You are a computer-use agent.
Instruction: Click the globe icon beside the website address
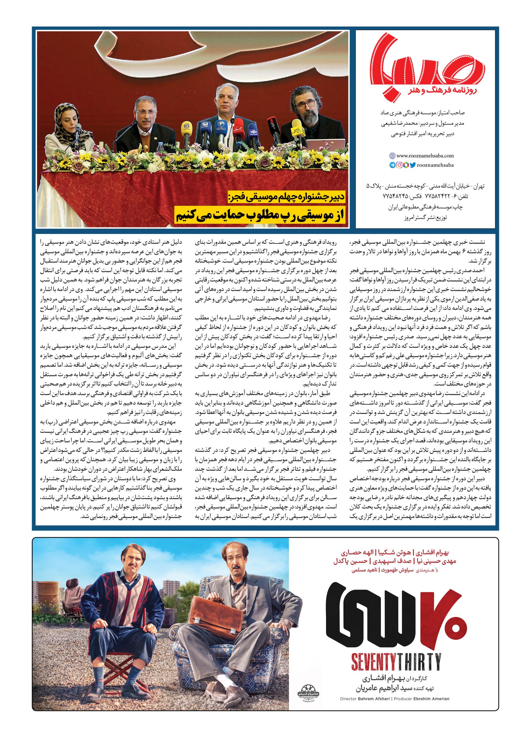(x=392, y=156)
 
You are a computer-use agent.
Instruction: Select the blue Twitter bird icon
(x=413, y=165)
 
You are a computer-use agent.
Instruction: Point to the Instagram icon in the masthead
(x=399, y=165)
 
